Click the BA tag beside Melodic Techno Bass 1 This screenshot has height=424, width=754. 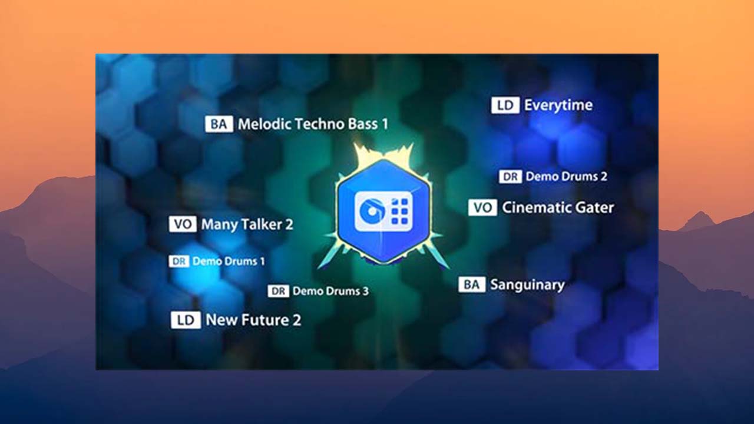click(x=219, y=124)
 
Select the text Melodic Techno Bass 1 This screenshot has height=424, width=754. click(x=313, y=124)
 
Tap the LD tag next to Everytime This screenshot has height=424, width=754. click(x=505, y=105)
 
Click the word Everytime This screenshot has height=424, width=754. click(x=558, y=105)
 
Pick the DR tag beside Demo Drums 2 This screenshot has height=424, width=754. click(x=510, y=176)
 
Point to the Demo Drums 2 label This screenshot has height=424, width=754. click(x=566, y=176)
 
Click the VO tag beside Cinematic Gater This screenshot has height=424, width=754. click(x=482, y=207)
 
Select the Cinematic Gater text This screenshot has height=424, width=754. click(x=558, y=207)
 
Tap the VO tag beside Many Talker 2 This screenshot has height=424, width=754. click(x=183, y=224)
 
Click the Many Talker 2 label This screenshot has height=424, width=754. click(x=247, y=224)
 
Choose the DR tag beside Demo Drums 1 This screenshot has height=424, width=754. click(x=178, y=261)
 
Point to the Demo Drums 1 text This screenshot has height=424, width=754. click(x=229, y=261)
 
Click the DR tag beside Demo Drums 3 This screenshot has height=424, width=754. click(x=278, y=291)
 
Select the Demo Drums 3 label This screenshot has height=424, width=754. click(x=330, y=291)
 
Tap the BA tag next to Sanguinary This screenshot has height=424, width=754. click(x=471, y=285)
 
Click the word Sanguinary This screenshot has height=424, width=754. click(x=527, y=285)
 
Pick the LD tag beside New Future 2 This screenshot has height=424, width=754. click(x=186, y=320)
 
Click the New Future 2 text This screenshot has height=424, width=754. click(x=253, y=320)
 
